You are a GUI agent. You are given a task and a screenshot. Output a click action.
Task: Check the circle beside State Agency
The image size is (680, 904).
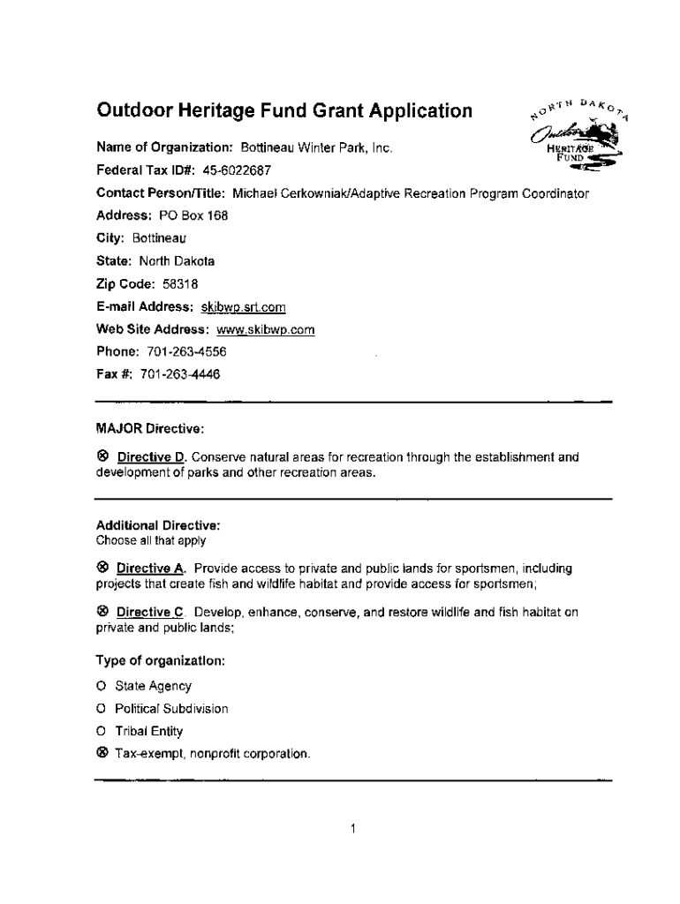click(102, 686)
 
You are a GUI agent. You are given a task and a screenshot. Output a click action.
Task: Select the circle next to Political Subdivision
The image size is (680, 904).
click(102, 709)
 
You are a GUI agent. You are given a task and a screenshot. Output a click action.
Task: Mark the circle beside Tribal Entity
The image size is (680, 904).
click(102, 731)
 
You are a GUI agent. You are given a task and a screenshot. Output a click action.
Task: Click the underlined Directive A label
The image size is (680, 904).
click(151, 568)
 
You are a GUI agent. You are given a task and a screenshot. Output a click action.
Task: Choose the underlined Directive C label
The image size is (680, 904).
click(151, 613)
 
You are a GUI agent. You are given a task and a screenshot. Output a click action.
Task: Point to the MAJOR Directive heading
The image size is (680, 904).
click(150, 429)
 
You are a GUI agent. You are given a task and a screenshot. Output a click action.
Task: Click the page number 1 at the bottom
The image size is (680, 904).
click(352, 829)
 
